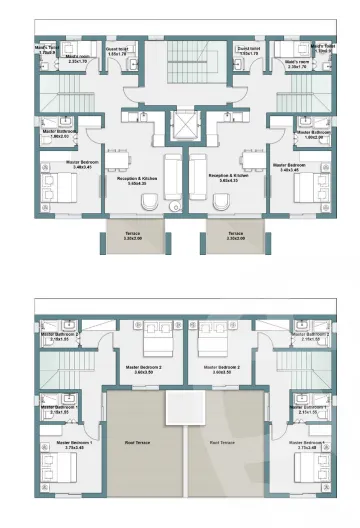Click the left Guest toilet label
click(x=119, y=49)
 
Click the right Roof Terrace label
click(x=221, y=442)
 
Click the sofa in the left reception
click(x=171, y=180)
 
